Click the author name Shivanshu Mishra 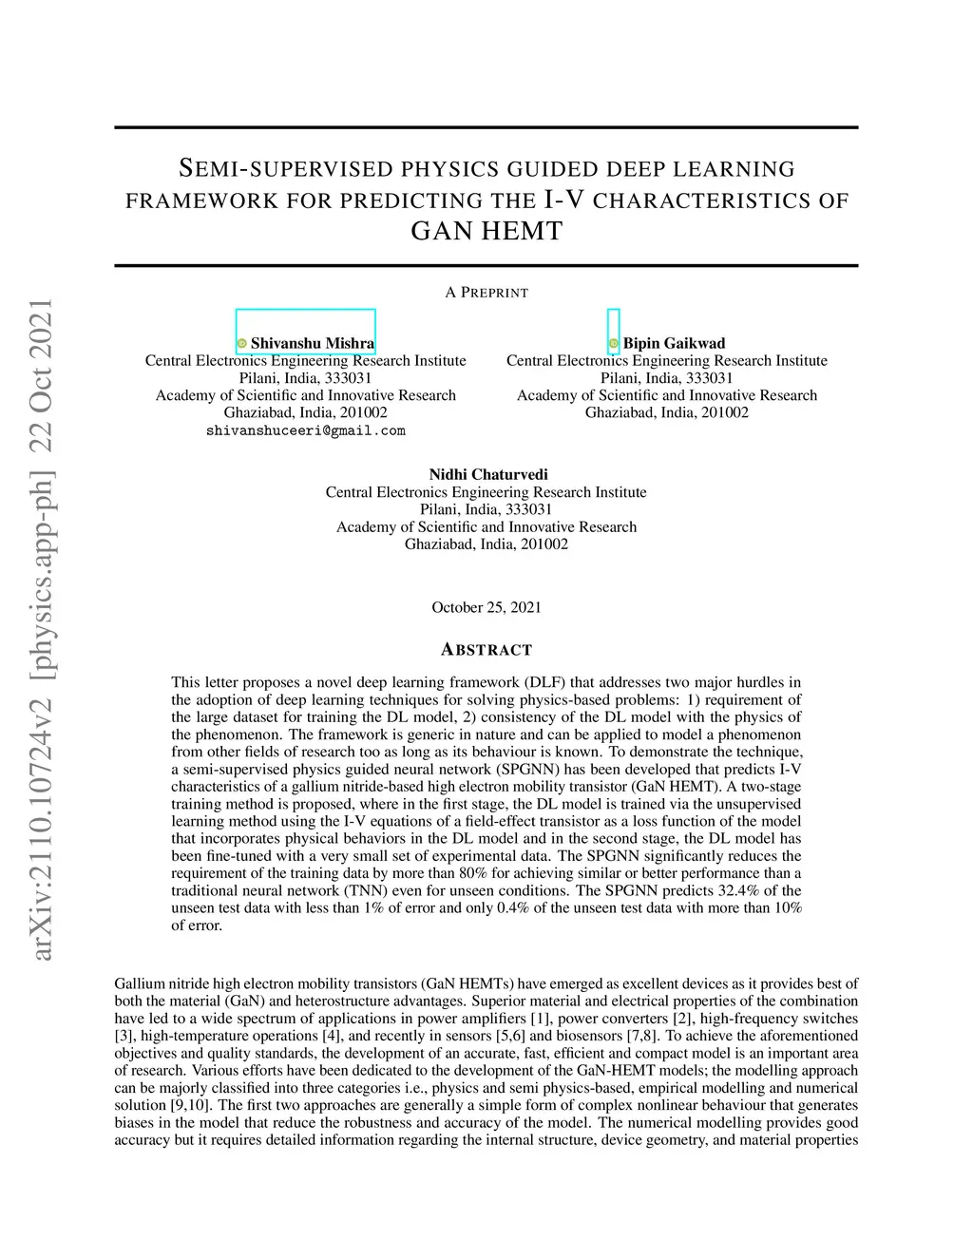click(x=312, y=343)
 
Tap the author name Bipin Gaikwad click(x=674, y=343)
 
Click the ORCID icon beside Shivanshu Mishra click(x=241, y=343)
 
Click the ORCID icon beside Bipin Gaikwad click(x=613, y=343)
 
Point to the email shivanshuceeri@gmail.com click(x=305, y=430)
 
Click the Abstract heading click(x=486, y=650)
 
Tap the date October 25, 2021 click(x=486, y=607)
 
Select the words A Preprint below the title click(x=486, y=292)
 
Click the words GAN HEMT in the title click(x=486, y=231)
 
